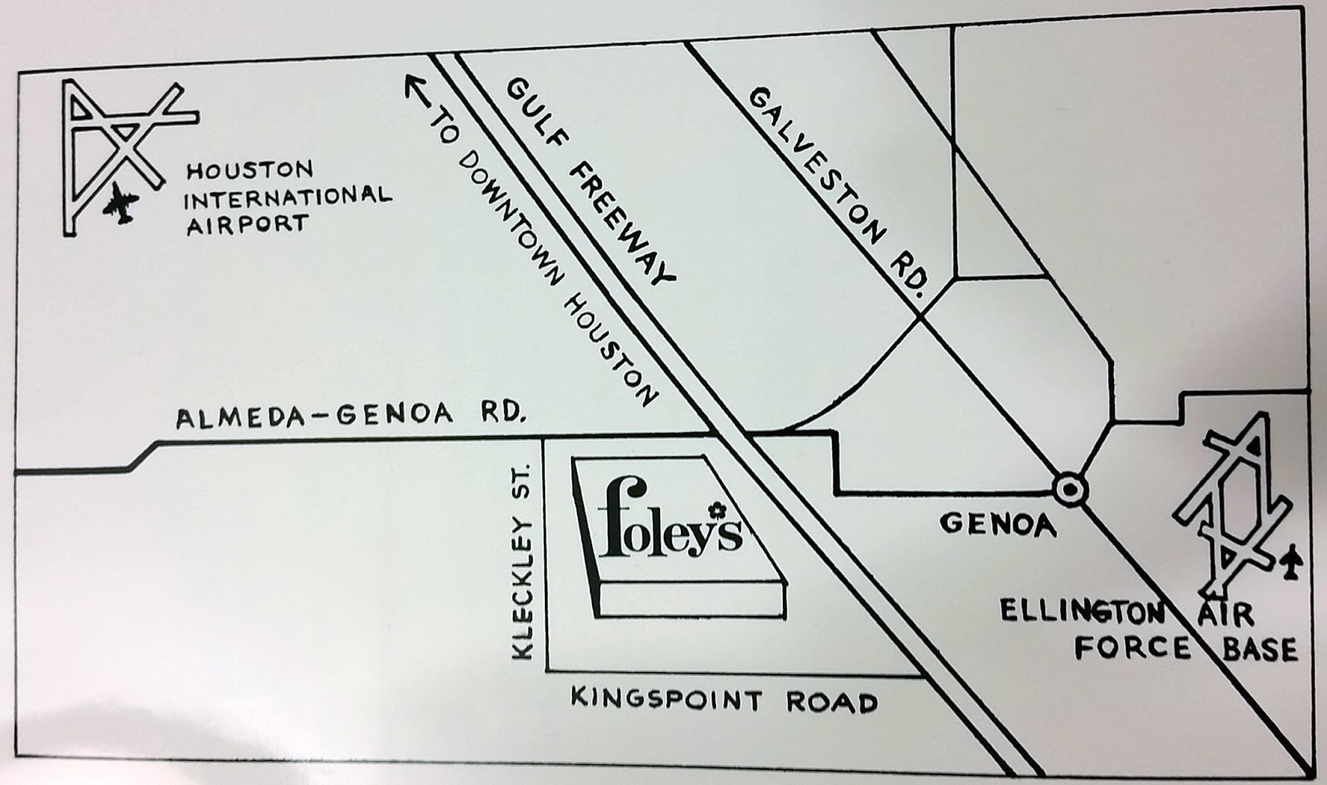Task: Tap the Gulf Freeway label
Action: (591, 180)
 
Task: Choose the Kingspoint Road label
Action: (723, 701)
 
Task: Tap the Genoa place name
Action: (998, 524)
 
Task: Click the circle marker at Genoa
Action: (1069, 489)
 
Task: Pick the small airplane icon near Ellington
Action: (1291, 564)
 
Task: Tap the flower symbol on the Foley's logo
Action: (714, 509)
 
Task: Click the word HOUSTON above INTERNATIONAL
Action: (249, 172)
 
